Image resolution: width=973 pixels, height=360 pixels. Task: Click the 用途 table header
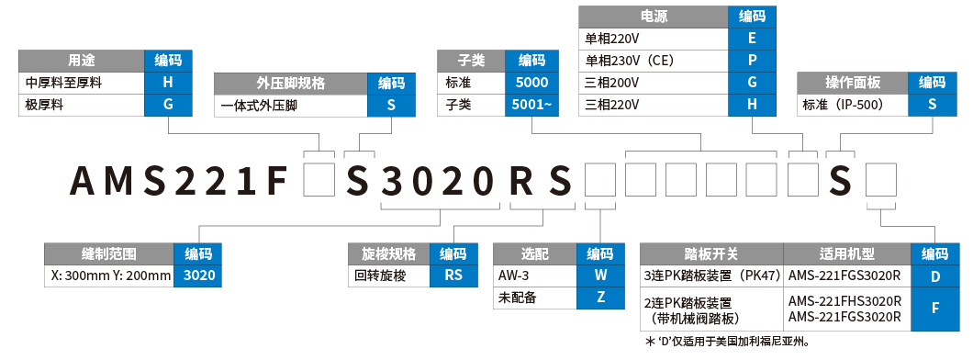(81, 62)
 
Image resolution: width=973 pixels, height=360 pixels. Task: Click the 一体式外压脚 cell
(290, 105)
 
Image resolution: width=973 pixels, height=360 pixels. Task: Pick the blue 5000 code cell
(531, 83)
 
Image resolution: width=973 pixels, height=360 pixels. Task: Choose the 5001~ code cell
(531, 104)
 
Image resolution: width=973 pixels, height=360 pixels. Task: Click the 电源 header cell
(654, 17)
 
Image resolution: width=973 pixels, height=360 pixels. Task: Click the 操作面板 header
(853, 83)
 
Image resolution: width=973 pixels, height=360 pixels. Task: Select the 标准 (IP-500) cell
(853, 105)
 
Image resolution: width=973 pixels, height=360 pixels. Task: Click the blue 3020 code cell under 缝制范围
(197, 275)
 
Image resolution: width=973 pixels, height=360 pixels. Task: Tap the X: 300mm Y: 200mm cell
(109, 275)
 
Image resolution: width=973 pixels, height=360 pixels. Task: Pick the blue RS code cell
(453, 275)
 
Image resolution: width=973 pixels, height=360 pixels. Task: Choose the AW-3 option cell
(534, 275)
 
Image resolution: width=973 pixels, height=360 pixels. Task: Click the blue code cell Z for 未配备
(599, 297)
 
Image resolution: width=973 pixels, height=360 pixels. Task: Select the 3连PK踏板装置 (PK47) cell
(711, 275)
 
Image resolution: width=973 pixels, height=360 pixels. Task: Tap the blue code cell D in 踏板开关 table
(934, 275)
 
